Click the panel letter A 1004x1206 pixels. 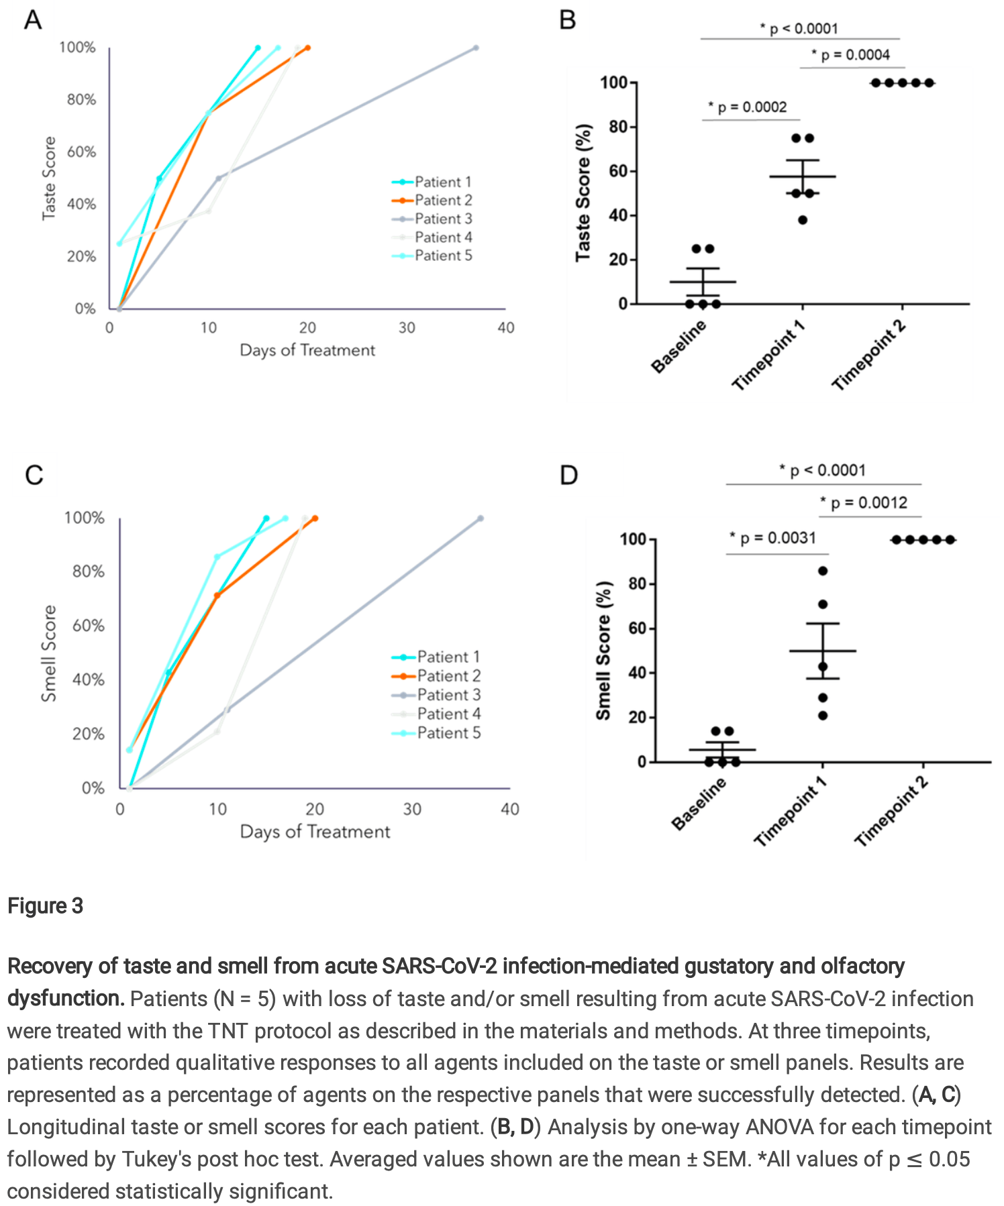(32, 20)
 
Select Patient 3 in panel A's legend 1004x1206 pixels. (443, 219)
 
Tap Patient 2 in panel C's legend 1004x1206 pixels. (448, 675)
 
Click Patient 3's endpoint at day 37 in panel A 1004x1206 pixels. (476, 48)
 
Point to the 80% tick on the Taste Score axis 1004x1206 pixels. (81, 100)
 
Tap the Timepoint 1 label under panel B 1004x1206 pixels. (768, 355)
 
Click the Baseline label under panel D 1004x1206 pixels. (699, 803)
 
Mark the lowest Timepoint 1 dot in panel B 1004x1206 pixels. (803, 220)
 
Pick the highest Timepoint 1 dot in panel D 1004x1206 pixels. (823, 571)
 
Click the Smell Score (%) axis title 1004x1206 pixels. (603, 650)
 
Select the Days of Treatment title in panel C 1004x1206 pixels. (315, 832)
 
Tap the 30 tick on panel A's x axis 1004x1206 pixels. (407, 328)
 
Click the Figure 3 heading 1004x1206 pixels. (45, 906)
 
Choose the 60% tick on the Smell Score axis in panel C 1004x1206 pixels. (88, 626)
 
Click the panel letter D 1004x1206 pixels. (568, 476)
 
